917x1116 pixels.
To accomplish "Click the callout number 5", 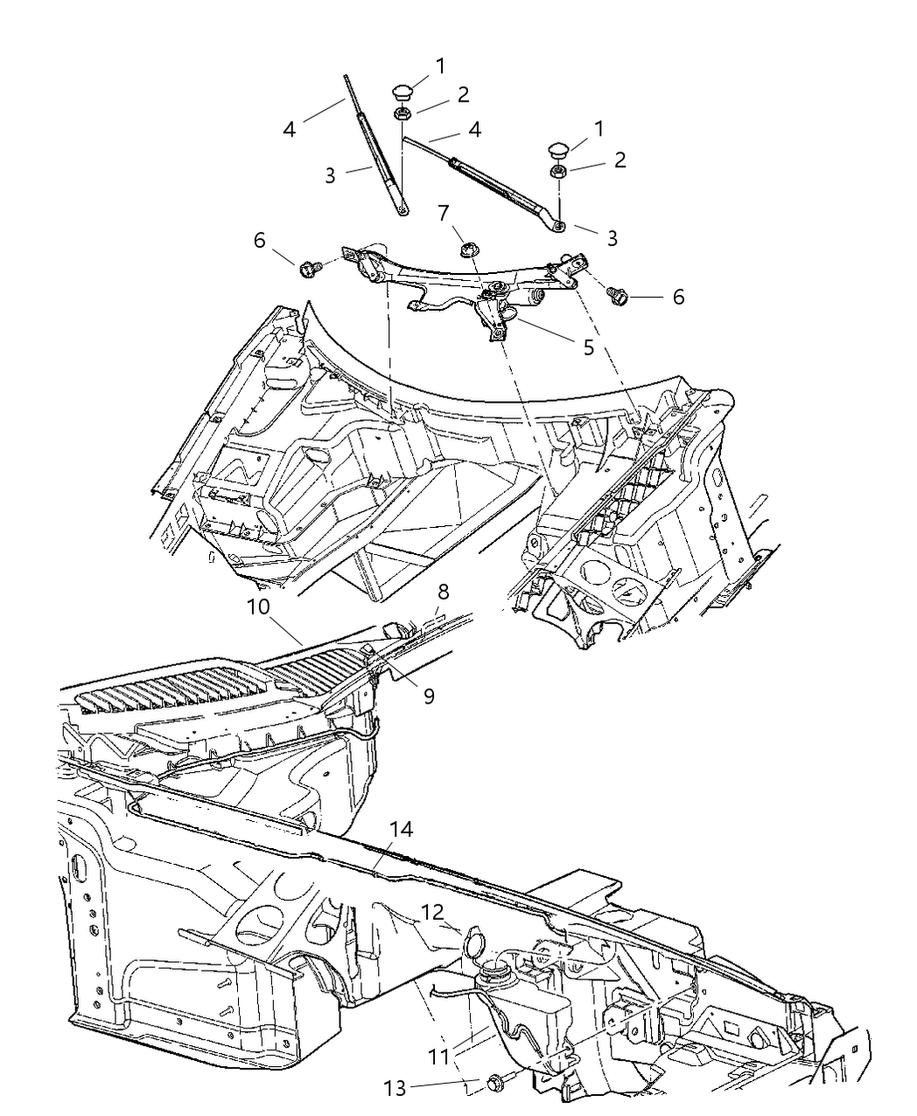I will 588,347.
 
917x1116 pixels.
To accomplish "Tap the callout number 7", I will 444,213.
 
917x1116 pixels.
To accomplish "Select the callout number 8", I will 444,592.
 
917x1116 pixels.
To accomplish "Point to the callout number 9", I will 429,696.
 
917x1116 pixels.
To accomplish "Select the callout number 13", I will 395,1088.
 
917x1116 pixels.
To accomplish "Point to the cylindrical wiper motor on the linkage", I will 530,299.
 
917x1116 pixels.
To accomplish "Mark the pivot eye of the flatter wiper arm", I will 557,227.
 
